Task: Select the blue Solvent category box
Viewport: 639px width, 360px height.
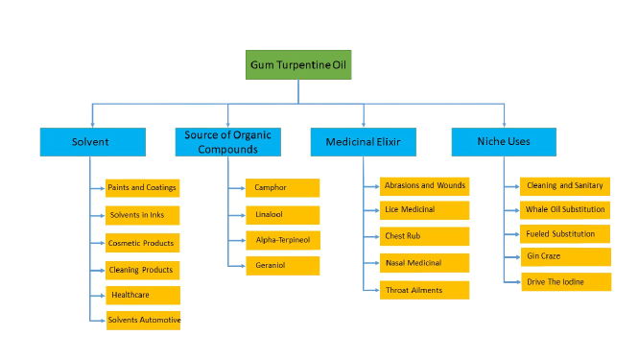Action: pos(92,142)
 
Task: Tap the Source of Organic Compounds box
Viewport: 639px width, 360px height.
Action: pos(228,142)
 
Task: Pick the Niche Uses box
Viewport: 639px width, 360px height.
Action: pos(504,142)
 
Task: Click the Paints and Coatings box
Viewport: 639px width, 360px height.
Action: pos(142,188)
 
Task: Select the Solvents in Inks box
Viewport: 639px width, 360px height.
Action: pos(142,215)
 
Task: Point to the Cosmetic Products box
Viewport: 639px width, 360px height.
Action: pos(142,243)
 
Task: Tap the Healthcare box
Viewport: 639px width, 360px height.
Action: pos(142,294)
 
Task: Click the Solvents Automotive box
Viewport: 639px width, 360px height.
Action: pos(143,320)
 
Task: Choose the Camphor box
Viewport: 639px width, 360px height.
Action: pos(282,187)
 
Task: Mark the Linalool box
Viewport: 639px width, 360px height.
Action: pos(282,214)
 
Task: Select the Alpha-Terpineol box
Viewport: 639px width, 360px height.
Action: pos(282,239)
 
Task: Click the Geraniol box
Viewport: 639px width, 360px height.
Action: pos(282,264)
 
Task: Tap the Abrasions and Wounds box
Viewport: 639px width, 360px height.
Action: pos(423,184)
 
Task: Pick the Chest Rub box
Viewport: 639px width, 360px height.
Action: pos(423,236)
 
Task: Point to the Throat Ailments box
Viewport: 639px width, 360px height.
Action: pos(423,289)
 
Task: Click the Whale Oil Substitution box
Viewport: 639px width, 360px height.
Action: pos(566,209)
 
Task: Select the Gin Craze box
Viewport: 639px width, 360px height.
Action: pos(566,257)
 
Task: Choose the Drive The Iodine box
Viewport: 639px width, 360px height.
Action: pos(566,281)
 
